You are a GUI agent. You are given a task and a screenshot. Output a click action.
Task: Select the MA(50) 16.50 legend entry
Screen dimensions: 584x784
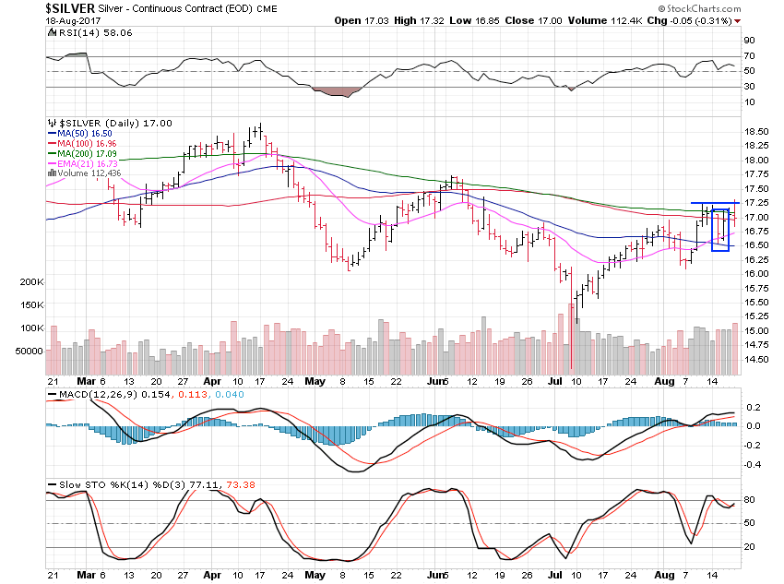(x=87, y=134)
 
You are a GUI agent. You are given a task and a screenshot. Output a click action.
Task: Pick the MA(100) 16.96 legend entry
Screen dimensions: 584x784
(x=89, y=144)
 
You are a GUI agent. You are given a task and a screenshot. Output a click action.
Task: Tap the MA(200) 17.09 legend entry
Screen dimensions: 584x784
(x=89, y=154)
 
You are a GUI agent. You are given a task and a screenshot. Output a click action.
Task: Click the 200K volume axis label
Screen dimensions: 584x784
(x=30, y=281)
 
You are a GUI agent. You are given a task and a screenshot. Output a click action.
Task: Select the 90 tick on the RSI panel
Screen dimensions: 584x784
(x=750, y=41)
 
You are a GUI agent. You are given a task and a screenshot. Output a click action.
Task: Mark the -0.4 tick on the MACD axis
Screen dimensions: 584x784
(x=751, y=464)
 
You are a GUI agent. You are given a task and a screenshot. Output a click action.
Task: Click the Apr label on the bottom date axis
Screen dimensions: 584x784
(x=212, y=380)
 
